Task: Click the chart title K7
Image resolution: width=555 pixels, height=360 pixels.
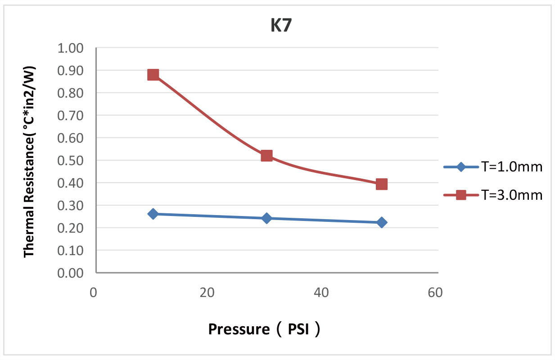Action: tap(281, 26)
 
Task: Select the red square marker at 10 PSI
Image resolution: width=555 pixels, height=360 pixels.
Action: tap(153, 75)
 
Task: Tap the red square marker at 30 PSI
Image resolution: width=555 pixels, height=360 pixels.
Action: tap(266, 156)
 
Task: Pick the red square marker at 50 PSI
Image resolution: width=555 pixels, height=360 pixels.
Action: tap(381, 184)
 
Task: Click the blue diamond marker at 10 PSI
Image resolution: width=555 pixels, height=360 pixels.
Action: tap(153, 214)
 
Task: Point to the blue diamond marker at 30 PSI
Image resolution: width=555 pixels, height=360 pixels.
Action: tap(266, 218)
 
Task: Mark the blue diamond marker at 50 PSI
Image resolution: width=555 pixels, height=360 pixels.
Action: tap(381, 222)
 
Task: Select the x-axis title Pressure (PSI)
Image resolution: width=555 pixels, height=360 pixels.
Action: tap(265, 330)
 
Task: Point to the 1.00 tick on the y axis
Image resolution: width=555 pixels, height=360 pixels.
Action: tap(71, 48)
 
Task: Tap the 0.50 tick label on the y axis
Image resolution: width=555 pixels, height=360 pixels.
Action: tap(71, 161)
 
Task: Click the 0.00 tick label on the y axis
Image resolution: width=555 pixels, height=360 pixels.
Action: tap(71, 273)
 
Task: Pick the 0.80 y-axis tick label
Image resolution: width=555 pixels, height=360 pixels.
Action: tap(71, 93)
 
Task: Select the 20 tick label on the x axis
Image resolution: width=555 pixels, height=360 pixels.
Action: tap(207, 293)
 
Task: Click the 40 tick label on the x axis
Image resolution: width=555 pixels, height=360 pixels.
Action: tap(320, 293)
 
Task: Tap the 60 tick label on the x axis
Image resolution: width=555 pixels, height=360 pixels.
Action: tap(434, 293)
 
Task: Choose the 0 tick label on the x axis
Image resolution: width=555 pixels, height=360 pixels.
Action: tap(94, 293)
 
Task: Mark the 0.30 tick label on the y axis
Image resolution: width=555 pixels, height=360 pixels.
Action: tap(71, 206)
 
